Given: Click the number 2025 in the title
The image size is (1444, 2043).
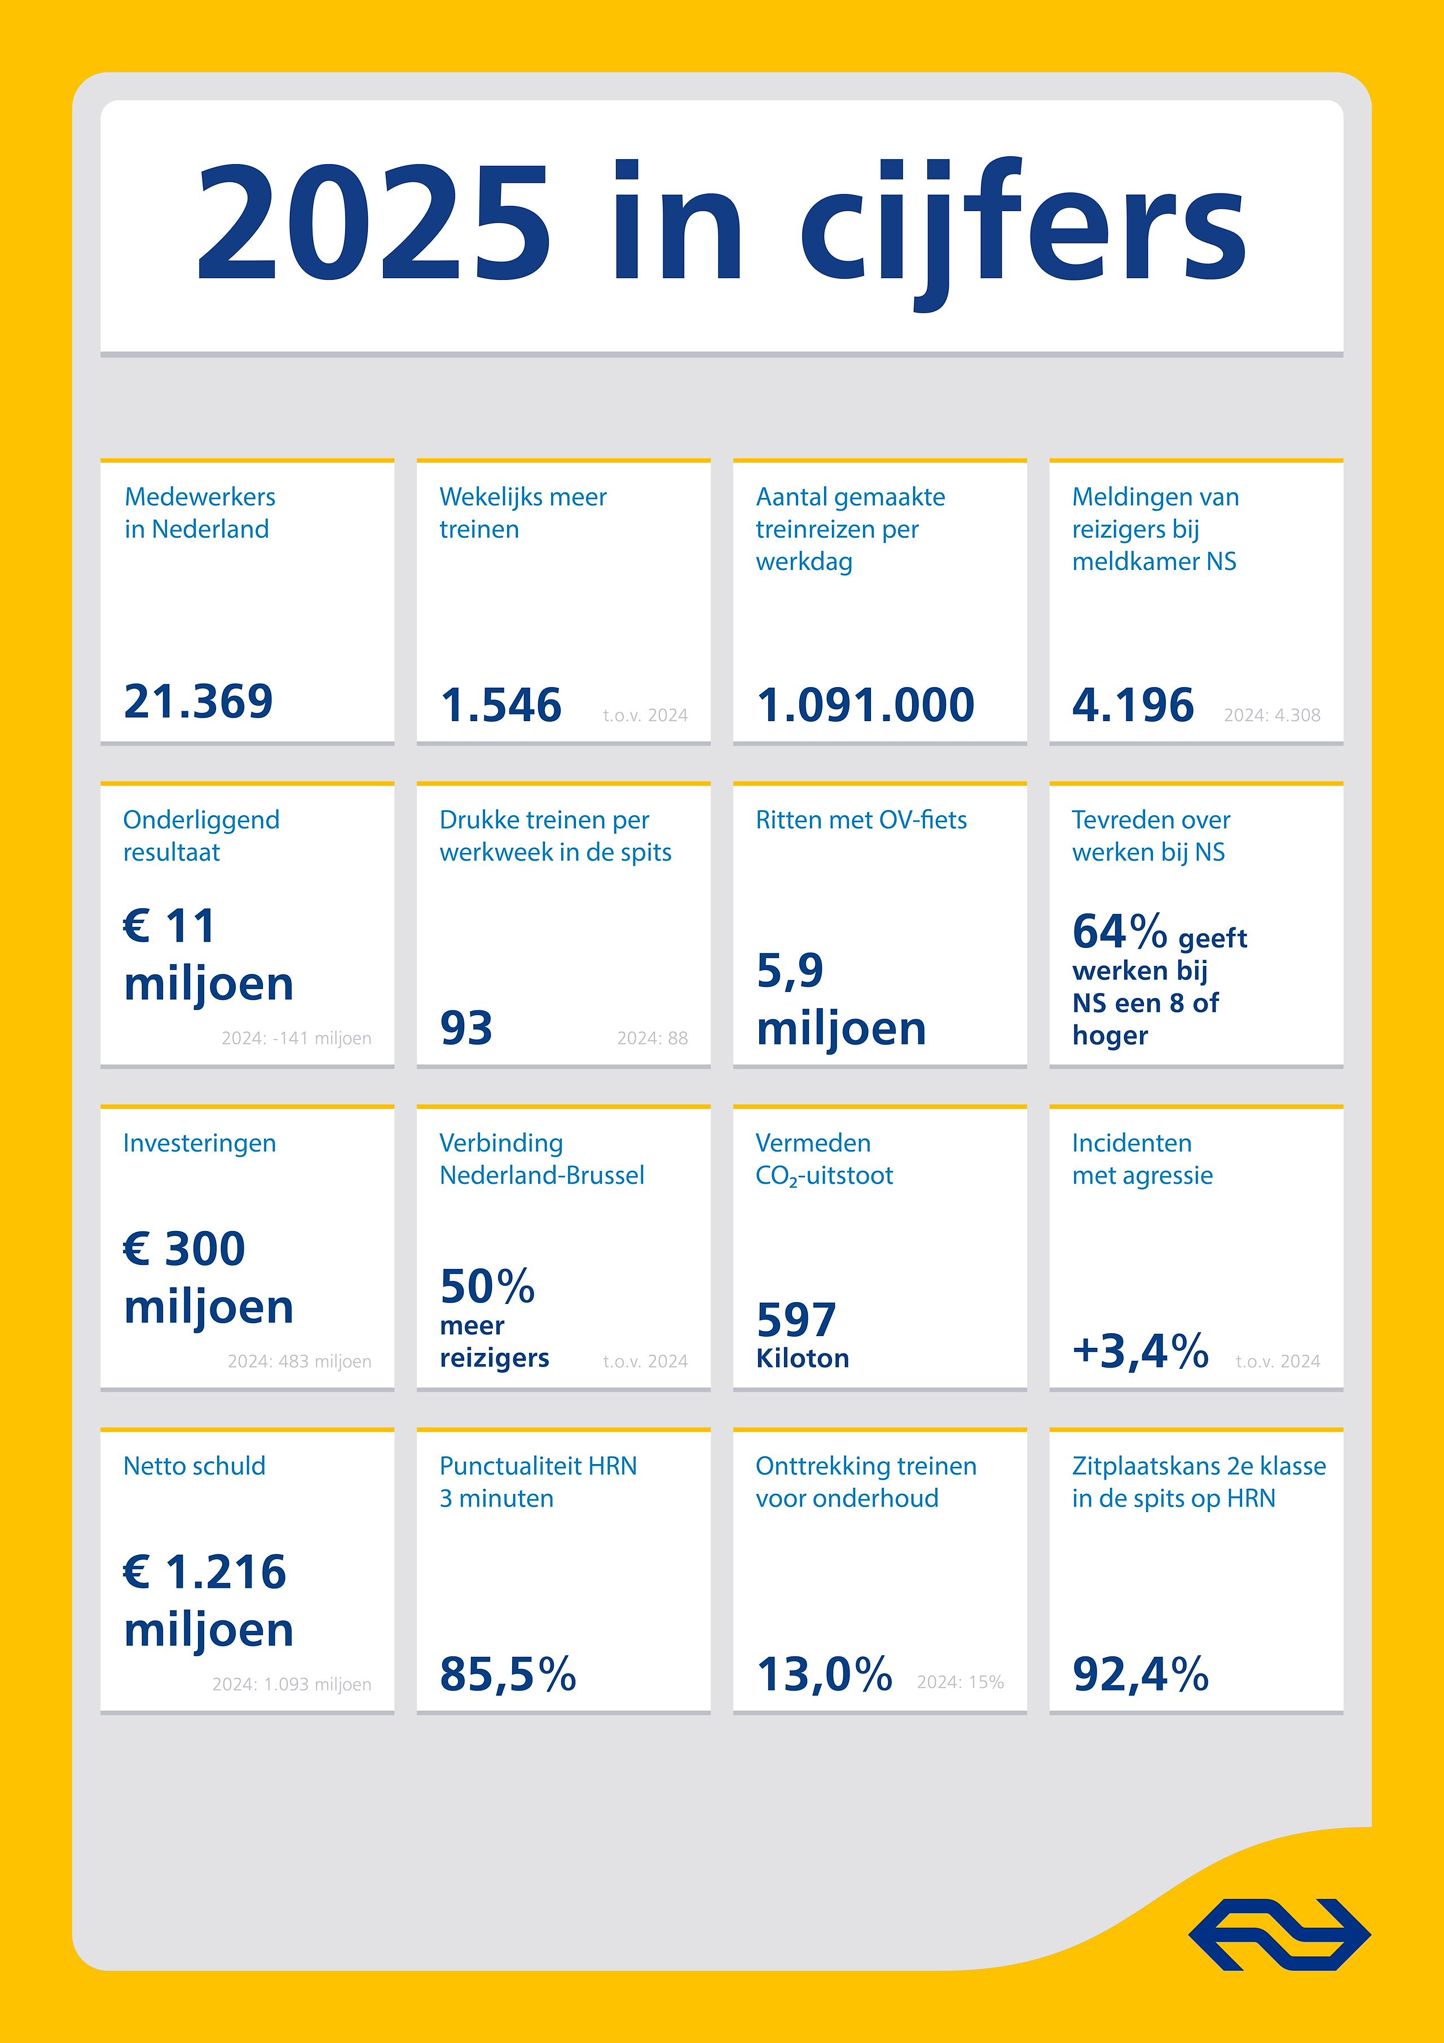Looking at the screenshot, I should pos(373,222).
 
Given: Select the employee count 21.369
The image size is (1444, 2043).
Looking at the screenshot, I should pos(199,701).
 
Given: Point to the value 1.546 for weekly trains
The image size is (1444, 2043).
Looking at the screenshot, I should pos(501,705).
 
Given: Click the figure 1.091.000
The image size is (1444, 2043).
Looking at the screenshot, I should pos(865,705).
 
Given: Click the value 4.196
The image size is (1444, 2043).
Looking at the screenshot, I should pos(1133,705).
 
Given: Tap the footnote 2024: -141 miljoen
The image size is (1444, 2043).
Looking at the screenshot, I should pos(296,1038).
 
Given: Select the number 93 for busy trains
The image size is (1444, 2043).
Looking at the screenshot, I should pos(466,1029).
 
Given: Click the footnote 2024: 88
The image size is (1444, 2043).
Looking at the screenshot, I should pos(652,1038).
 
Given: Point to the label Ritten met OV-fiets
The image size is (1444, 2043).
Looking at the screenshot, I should pos(860,820).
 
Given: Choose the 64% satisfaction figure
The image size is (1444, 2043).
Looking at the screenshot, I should pos(1119,932).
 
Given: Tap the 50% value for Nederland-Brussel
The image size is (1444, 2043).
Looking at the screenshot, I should pos(487,1286).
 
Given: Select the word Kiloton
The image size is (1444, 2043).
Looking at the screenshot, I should pos(803,1358).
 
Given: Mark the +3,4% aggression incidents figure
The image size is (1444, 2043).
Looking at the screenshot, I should pos(1140,1351).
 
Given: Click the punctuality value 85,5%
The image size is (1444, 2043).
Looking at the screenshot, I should pos(507,1674).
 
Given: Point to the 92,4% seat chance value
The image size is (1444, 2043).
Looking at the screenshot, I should pos(1140,1674).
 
